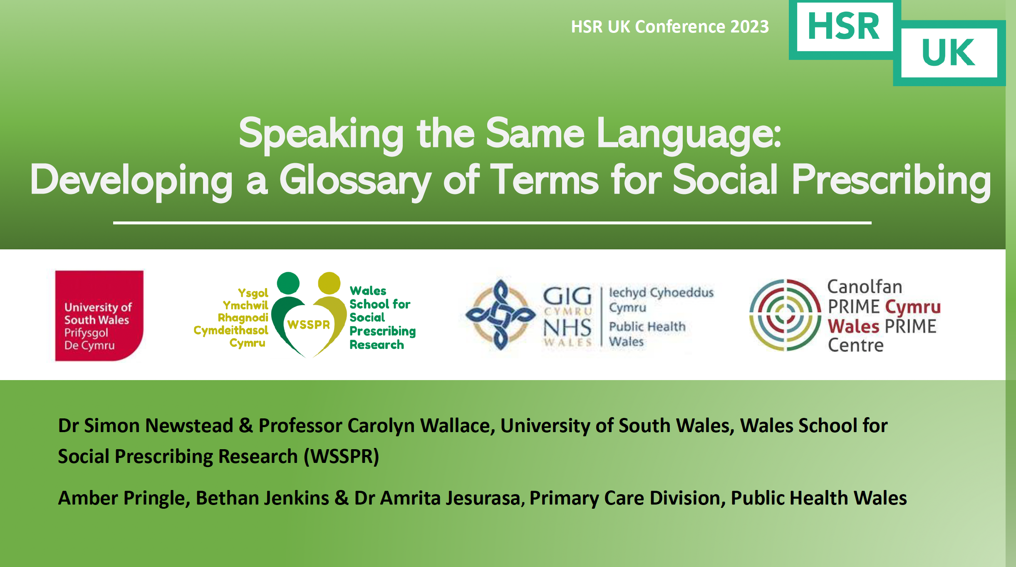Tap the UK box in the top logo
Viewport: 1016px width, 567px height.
point(949,53)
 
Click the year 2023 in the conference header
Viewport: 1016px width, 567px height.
point(750,27)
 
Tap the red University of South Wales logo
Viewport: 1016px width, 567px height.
point(99,316)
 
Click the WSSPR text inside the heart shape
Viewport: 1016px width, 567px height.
point(308,324)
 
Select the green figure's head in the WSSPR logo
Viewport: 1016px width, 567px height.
point(288,283)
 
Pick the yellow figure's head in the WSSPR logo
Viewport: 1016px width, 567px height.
point(329,283)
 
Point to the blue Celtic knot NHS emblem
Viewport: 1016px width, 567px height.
point(501,315)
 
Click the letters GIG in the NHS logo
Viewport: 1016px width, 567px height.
point(567,296)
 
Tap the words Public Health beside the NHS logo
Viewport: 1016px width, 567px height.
point(647,326)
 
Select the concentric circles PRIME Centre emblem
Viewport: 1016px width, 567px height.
point(784,315)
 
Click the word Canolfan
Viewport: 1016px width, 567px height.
point(865,286)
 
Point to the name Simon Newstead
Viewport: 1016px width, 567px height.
point(159,425)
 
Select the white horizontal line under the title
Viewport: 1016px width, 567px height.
point(492,223)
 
